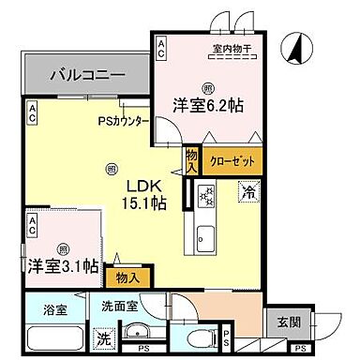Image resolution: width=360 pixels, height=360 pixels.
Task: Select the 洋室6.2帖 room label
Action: pyautogui.click(x=206, y=105)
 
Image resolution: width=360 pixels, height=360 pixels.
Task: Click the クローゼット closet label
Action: pyautogui.click(x=230, y=160)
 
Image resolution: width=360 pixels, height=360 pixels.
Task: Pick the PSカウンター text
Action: pyautogui.click(x=123, y=120)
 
